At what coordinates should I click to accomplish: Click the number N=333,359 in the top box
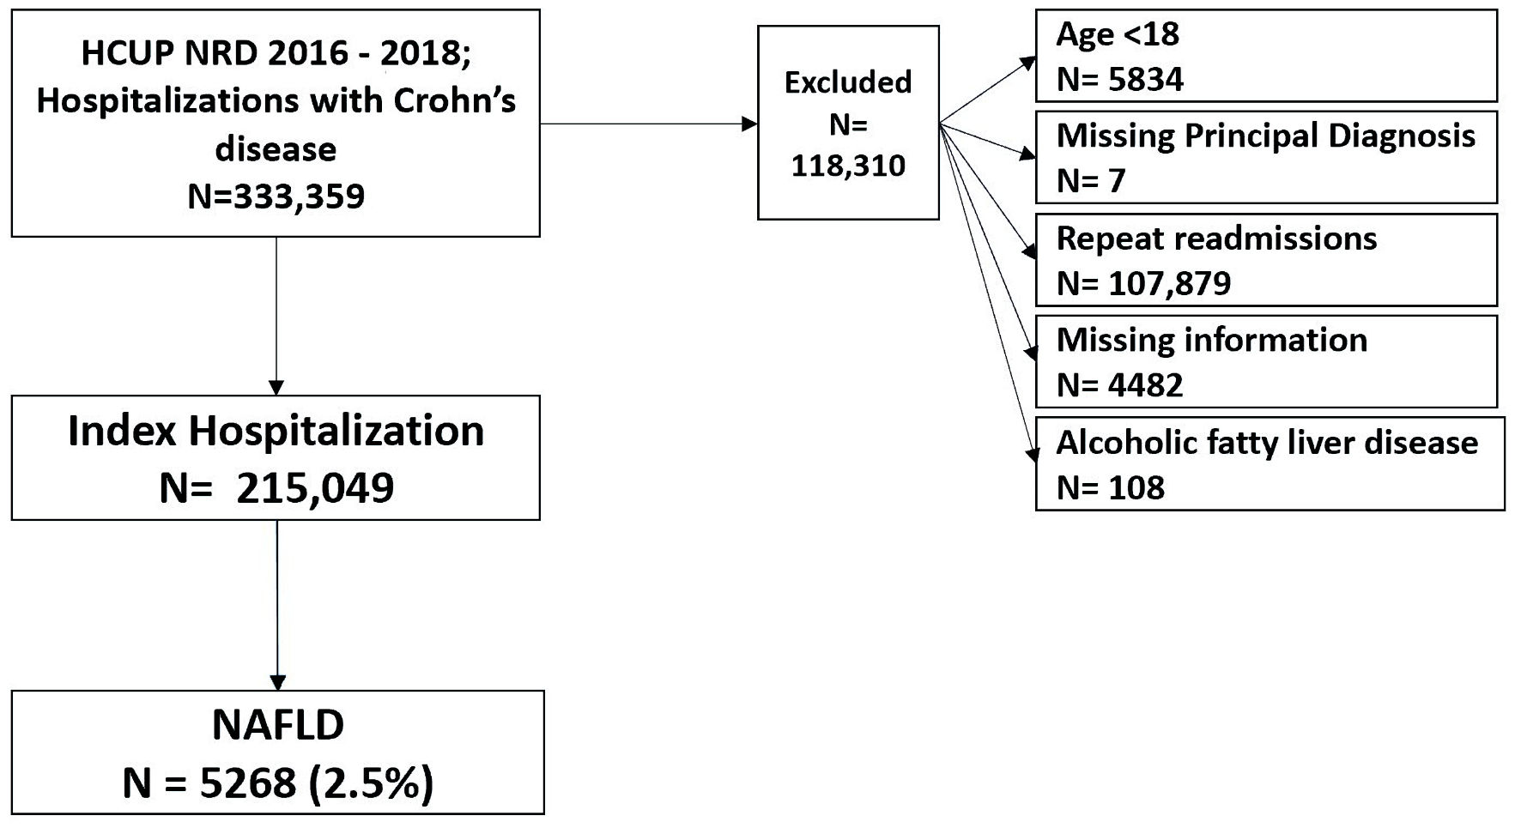(x=276, y=196)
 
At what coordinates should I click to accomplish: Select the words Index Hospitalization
(x=276, y=431)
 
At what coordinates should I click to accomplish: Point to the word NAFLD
(x=277, y=725)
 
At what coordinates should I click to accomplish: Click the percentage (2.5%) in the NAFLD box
(x=366, y=783)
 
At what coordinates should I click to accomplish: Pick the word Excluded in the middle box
(x=848, y=82)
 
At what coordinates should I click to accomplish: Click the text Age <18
(x=1118, y=34)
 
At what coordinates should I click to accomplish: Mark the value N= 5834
(x=1120, y=80)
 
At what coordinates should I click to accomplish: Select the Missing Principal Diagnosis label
(x=1266, y=136)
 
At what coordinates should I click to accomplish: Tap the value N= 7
(x=1090, y=180)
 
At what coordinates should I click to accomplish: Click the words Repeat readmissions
(x=1216, y=239)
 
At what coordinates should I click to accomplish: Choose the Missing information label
(x=1212, y=341)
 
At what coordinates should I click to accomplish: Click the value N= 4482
(x=1120, y=385)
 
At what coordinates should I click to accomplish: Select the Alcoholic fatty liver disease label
(x=1267, y=443)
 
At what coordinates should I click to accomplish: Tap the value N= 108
(x=1111, y=487)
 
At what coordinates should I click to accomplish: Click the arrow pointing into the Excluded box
(x=649, y=124)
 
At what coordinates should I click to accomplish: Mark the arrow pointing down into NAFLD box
(x=277, y=605)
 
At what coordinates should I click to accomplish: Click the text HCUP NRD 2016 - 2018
(x=275, y=53)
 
